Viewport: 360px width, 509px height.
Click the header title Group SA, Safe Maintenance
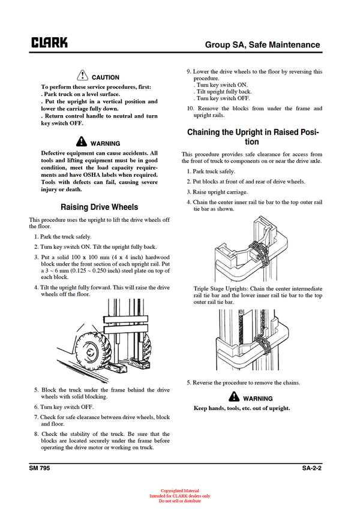point(262,44)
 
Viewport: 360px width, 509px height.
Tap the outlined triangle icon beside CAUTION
point(83,76)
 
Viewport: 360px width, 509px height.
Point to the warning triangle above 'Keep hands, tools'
point(234,397)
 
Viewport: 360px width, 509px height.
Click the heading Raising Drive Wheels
point(100,207)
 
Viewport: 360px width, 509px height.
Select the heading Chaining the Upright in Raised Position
point(252,137)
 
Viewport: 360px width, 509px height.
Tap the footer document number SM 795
point(40,468)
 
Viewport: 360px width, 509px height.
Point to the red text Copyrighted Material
point(180,491)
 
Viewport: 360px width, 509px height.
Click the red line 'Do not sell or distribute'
point(180,501)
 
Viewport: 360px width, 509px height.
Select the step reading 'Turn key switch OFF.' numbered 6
point(68,406)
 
